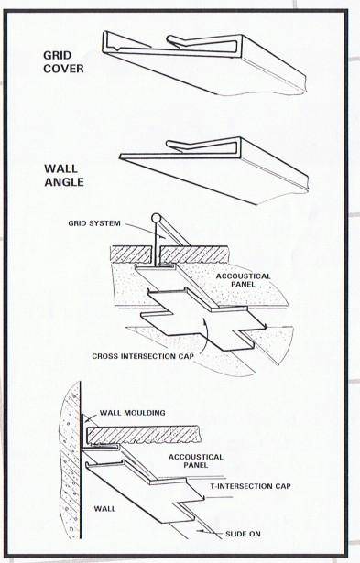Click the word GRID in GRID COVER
58,55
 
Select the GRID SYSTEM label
94,223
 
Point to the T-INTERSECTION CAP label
249,486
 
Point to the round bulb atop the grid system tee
155,219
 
